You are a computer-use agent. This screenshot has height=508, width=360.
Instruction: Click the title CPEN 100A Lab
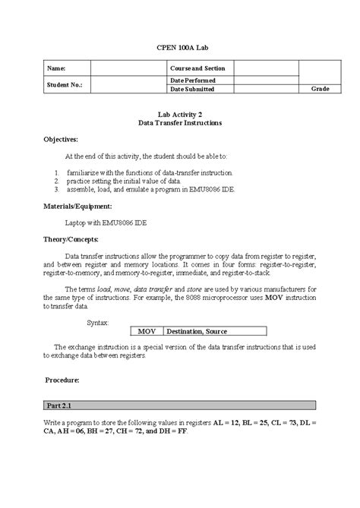click(x=180, y=47)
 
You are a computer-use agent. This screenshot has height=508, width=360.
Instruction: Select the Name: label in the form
click(x=57, y=68)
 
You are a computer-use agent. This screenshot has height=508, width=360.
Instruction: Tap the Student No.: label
click(x=65, y=85)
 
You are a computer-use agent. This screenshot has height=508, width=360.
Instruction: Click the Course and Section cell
click(x=197, y=68)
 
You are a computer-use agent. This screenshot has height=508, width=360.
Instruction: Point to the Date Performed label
click(x=193, y=80)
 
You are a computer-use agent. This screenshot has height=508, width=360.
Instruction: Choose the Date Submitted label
click(x=192, y=89)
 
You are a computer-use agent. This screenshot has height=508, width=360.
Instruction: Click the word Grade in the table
click(x=321, y=89)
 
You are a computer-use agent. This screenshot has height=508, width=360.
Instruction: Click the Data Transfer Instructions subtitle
click(x=180, y=122)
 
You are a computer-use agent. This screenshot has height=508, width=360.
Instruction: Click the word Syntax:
click(x=98, y=322)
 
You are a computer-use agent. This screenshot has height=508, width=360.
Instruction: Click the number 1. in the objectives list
click(x=58, y=173)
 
